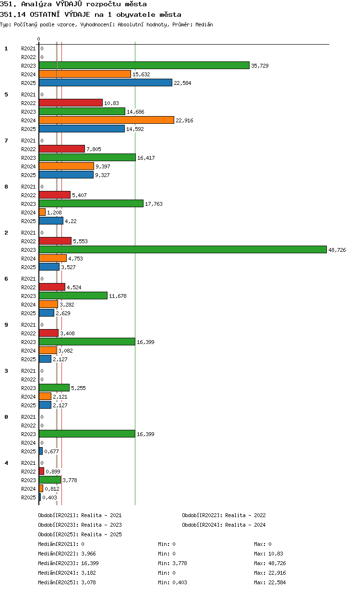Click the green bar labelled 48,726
182,249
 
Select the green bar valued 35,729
144,65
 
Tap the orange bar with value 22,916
107,120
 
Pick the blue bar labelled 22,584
106,83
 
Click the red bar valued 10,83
71,103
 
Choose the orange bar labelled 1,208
42,212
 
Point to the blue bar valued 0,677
41,451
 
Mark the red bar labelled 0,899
41,471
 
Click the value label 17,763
154,204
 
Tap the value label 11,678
118,296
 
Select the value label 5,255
78,388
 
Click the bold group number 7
6,141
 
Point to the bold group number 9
6,324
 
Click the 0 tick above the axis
38,39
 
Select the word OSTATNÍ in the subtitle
45,14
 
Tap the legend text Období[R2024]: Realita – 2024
224,524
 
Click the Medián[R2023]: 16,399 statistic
68,563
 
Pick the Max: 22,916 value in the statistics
270,573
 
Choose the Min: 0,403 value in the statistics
172,582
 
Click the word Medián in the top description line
204,24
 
